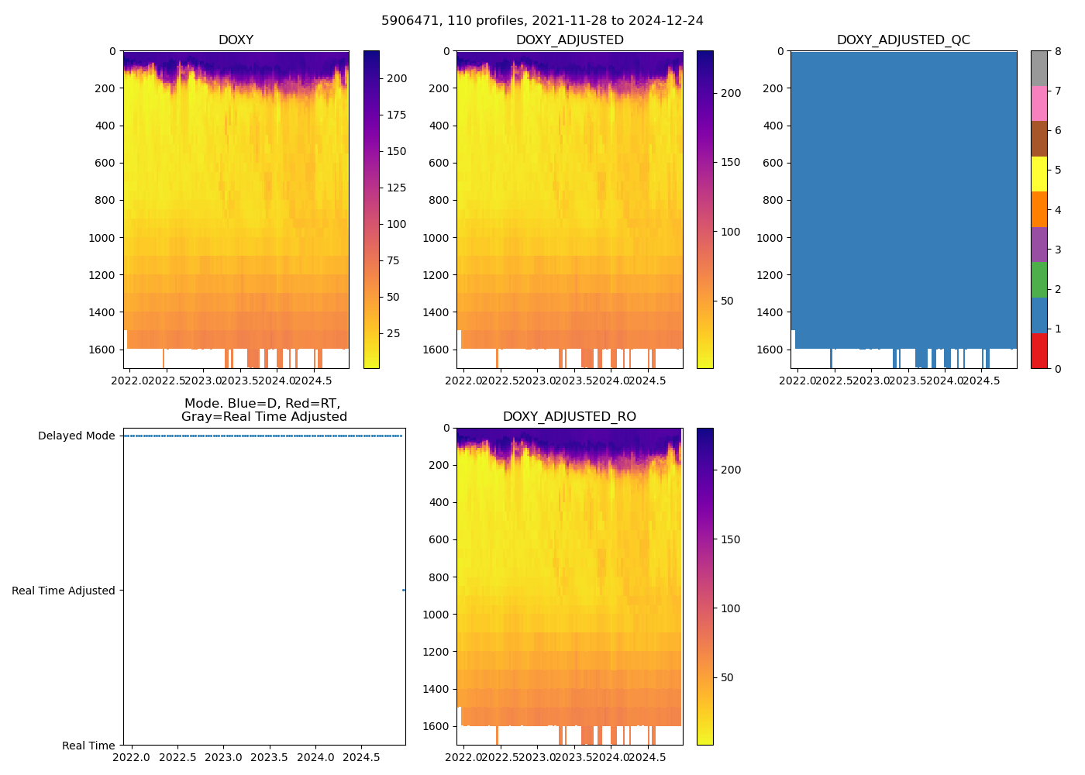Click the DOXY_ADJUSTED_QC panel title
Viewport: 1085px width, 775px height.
903,40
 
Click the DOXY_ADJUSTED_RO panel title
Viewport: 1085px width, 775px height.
569,417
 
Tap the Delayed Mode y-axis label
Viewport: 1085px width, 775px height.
76,436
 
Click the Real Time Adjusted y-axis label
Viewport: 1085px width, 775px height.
64,591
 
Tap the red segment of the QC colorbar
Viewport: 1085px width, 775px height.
1038,351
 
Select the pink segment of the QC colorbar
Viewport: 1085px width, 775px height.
1038,104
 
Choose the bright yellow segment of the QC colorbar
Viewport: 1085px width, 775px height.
1038,174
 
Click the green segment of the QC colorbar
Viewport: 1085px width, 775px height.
1038,280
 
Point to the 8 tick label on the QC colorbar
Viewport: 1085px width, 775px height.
1057,51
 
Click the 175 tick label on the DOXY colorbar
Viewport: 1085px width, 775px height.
397,115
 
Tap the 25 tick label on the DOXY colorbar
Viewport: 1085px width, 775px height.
393,333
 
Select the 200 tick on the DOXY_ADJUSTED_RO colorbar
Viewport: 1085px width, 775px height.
730,470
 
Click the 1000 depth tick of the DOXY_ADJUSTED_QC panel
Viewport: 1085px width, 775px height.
772,238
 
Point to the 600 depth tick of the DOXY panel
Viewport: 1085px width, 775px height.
105,163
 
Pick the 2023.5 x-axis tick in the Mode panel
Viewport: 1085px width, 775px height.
270,756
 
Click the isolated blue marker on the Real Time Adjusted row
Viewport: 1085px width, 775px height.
404,591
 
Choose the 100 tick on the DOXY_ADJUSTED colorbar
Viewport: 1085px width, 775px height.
730,232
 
